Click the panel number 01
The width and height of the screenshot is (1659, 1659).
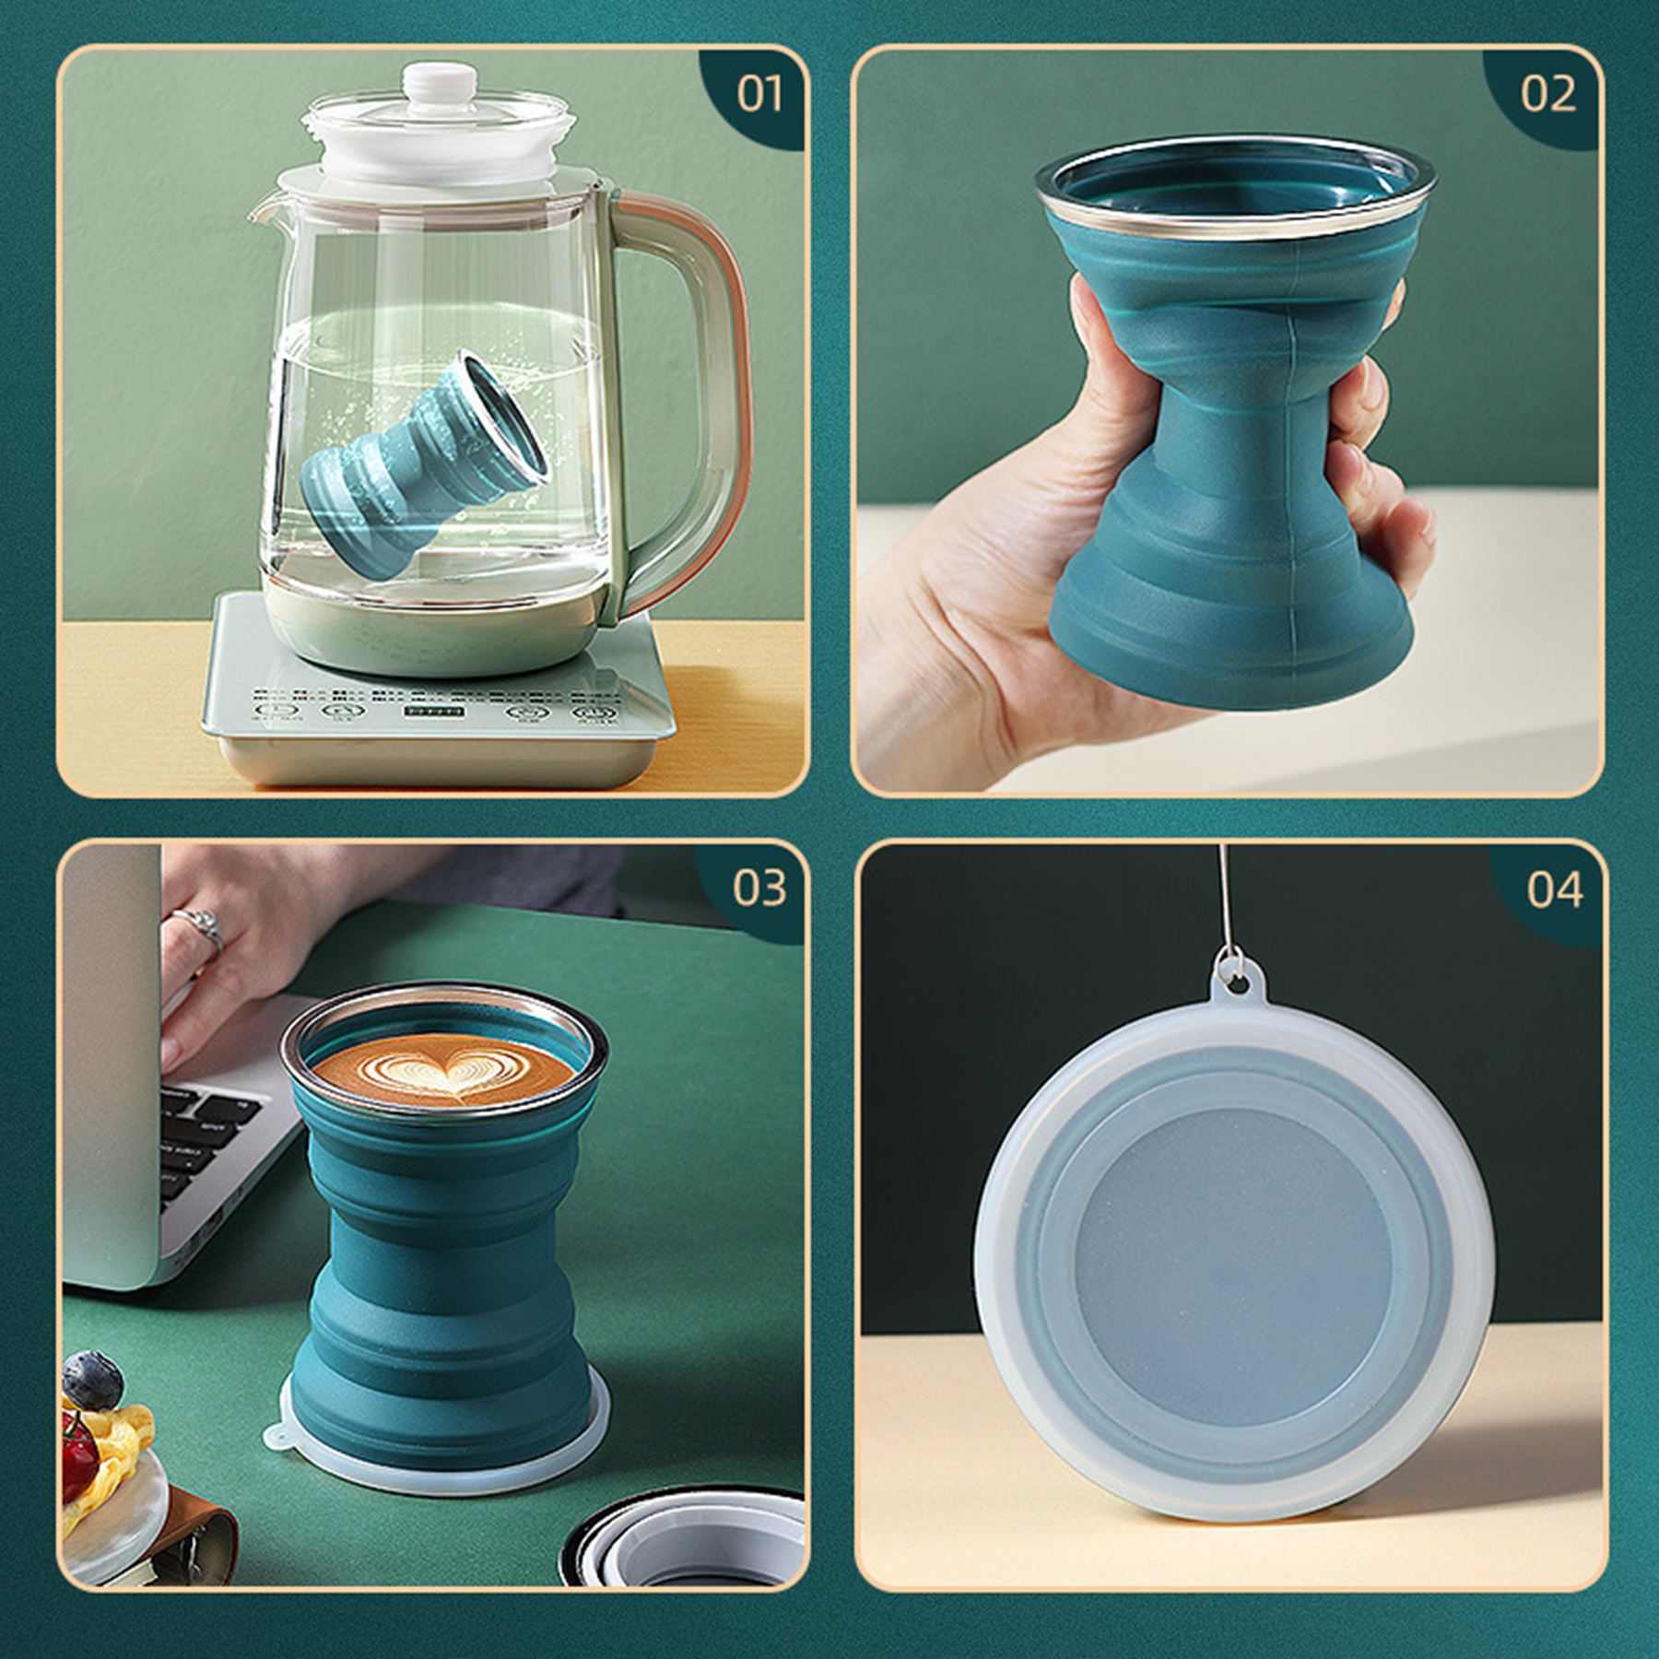pyautogui.click(x=759, y=94)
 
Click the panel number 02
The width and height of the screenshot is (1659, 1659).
pyautogui.click(x=1548, y=94)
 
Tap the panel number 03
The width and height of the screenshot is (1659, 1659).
pyautogui.click(x=759, y=888)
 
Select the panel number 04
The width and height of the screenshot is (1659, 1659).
pyautogui.click(x=1555, y=889)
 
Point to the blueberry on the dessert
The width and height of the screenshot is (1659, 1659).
pyautogui.click(x=92, y=1379)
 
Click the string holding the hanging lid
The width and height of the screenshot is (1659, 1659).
pyautogui.click(x=1224, y=894)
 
